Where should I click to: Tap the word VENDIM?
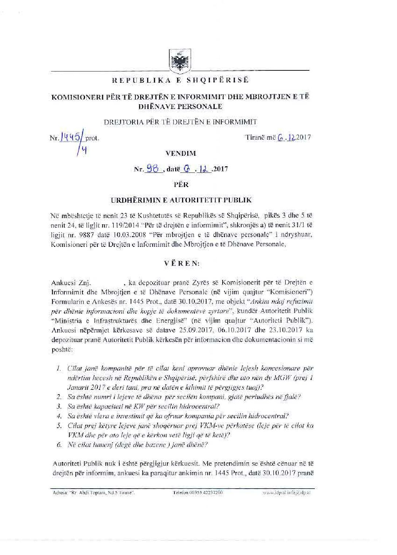181,154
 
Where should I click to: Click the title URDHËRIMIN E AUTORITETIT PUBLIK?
181,200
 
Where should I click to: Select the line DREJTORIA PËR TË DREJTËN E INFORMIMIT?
180,122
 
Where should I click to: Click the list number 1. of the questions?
59,369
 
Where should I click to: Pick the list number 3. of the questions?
59,406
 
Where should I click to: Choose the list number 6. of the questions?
59,445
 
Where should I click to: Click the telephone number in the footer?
197,493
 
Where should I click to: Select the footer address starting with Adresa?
94,493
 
